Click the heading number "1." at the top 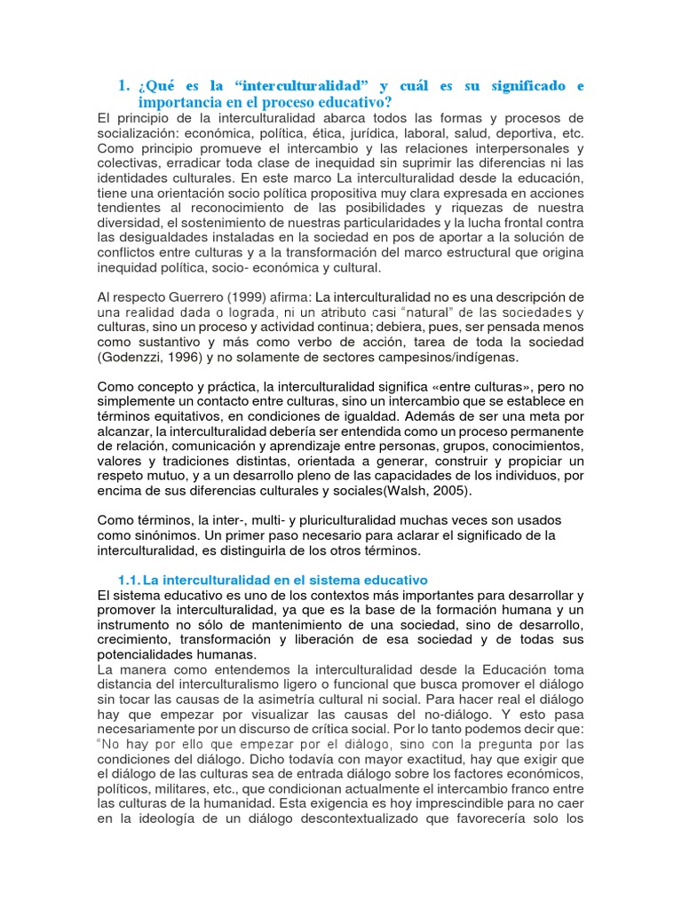[123, 86]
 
